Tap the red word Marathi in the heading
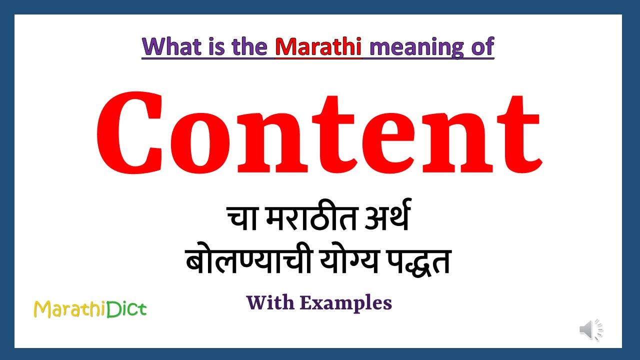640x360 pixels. click(x=318, y=46)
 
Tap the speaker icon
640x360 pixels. click(x=591, y=330)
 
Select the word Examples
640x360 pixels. click(x=345, y=303)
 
